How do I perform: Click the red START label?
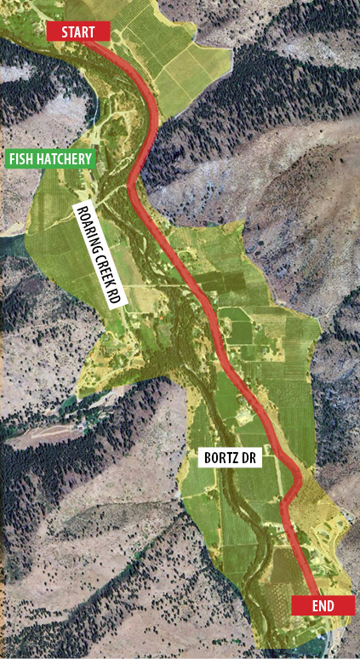78,32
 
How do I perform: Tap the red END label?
323,605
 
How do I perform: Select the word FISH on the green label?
21,158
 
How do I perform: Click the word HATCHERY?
66,158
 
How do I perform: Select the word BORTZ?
217,458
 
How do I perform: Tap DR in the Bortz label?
248,458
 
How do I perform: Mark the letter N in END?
323,605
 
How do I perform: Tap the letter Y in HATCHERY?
89,158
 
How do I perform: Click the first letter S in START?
65,32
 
